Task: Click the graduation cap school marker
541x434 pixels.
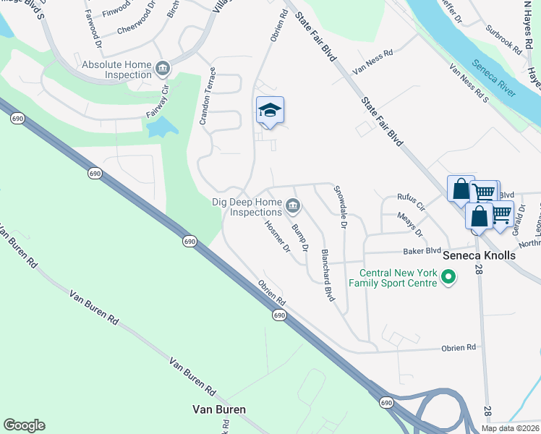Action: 270,111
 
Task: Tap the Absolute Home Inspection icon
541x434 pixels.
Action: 163,69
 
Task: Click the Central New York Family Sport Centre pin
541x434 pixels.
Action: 448,276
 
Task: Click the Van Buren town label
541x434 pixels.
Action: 219,409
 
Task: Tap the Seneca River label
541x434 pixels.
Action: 493,80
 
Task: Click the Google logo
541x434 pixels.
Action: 24,425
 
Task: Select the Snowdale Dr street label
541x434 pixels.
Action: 340,207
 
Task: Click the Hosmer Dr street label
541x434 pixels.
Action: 277,237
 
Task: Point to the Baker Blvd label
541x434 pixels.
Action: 422,251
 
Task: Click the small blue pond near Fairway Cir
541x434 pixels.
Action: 162,128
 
